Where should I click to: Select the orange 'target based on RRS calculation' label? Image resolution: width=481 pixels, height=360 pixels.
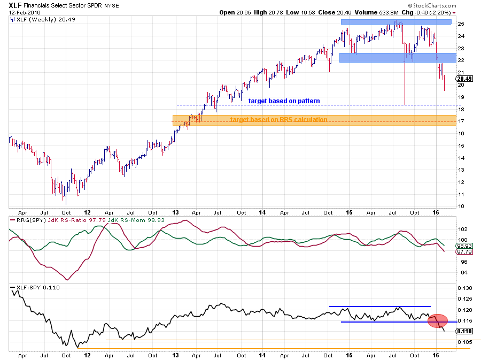tap(278, 119)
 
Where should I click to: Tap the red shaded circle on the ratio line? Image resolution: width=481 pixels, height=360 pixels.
tap(438, 321)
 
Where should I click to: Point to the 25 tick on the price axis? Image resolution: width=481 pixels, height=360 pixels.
tap(460, 24)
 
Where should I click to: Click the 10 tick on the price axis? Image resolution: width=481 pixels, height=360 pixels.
tap(460, 206)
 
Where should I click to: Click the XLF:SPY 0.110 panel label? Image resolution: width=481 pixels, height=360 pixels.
tap(37, 288)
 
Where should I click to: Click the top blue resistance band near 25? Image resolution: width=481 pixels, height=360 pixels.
tap(395, 22)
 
